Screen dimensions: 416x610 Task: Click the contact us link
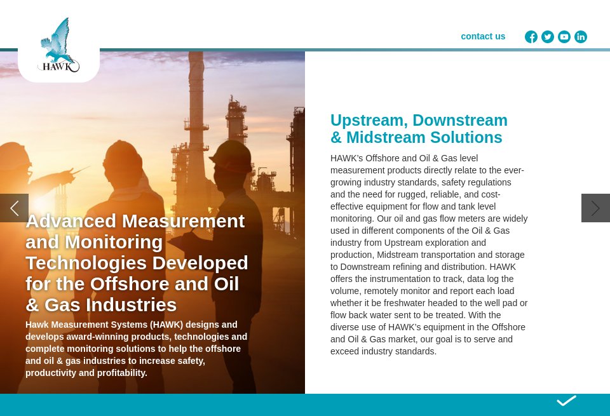483,36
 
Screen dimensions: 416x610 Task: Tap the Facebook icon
531,37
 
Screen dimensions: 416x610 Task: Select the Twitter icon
548,37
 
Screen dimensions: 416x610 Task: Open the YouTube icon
564,37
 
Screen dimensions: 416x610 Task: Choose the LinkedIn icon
581,37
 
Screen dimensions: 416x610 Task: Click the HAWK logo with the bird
58,46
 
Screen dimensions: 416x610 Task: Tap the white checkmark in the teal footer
566,401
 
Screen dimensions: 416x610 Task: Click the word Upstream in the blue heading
368,121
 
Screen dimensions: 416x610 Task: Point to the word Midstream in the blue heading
386,138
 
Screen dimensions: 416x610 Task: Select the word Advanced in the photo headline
71,221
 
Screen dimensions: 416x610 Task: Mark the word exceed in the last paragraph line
345,351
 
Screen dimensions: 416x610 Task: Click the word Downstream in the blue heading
460,121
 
